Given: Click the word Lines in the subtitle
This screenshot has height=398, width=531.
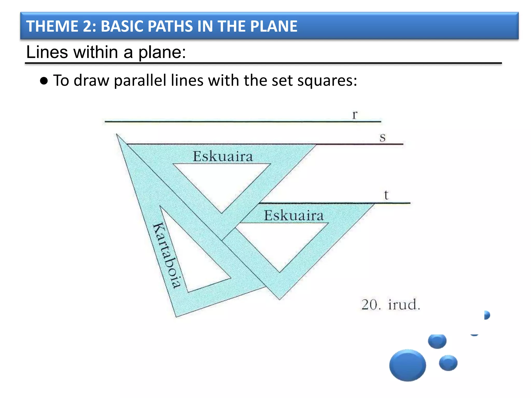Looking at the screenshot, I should click(47, 52).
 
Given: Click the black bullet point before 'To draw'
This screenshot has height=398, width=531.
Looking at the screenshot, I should click(44, 81).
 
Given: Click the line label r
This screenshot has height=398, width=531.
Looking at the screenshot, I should click(355, 115).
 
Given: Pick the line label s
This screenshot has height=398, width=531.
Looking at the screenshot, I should click(382, 138).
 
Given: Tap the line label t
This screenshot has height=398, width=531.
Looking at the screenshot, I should click(386, 195).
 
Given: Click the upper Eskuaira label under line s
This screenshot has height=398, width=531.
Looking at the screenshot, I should click(222, 157).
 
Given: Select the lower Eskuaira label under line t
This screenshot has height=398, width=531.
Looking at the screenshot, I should click(294, 216).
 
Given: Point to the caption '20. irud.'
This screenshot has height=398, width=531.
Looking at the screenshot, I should click(390, 304).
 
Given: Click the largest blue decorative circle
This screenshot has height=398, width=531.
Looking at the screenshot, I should click(407, 365).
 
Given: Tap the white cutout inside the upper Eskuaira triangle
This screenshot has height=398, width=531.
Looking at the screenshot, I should click(222, 181).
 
